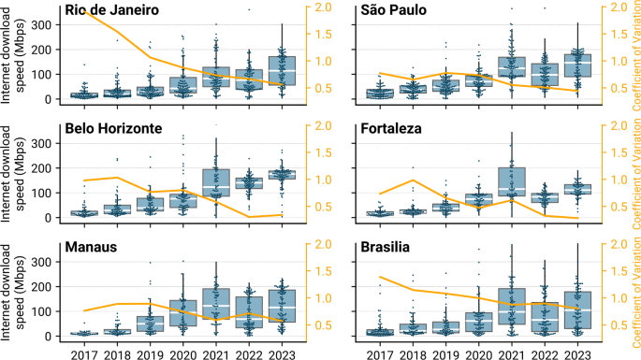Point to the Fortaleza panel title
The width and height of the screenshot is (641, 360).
click(x=392, y=128)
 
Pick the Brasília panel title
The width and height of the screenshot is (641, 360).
click(x=388, y=248)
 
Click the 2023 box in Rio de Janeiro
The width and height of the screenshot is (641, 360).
click(x=282, y=75)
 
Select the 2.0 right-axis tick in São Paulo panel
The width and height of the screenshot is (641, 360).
click(x=617, y=7)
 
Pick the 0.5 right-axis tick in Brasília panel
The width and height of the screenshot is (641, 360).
click(x=617, y=325)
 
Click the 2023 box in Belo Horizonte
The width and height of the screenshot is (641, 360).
click(x=282, y=174)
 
